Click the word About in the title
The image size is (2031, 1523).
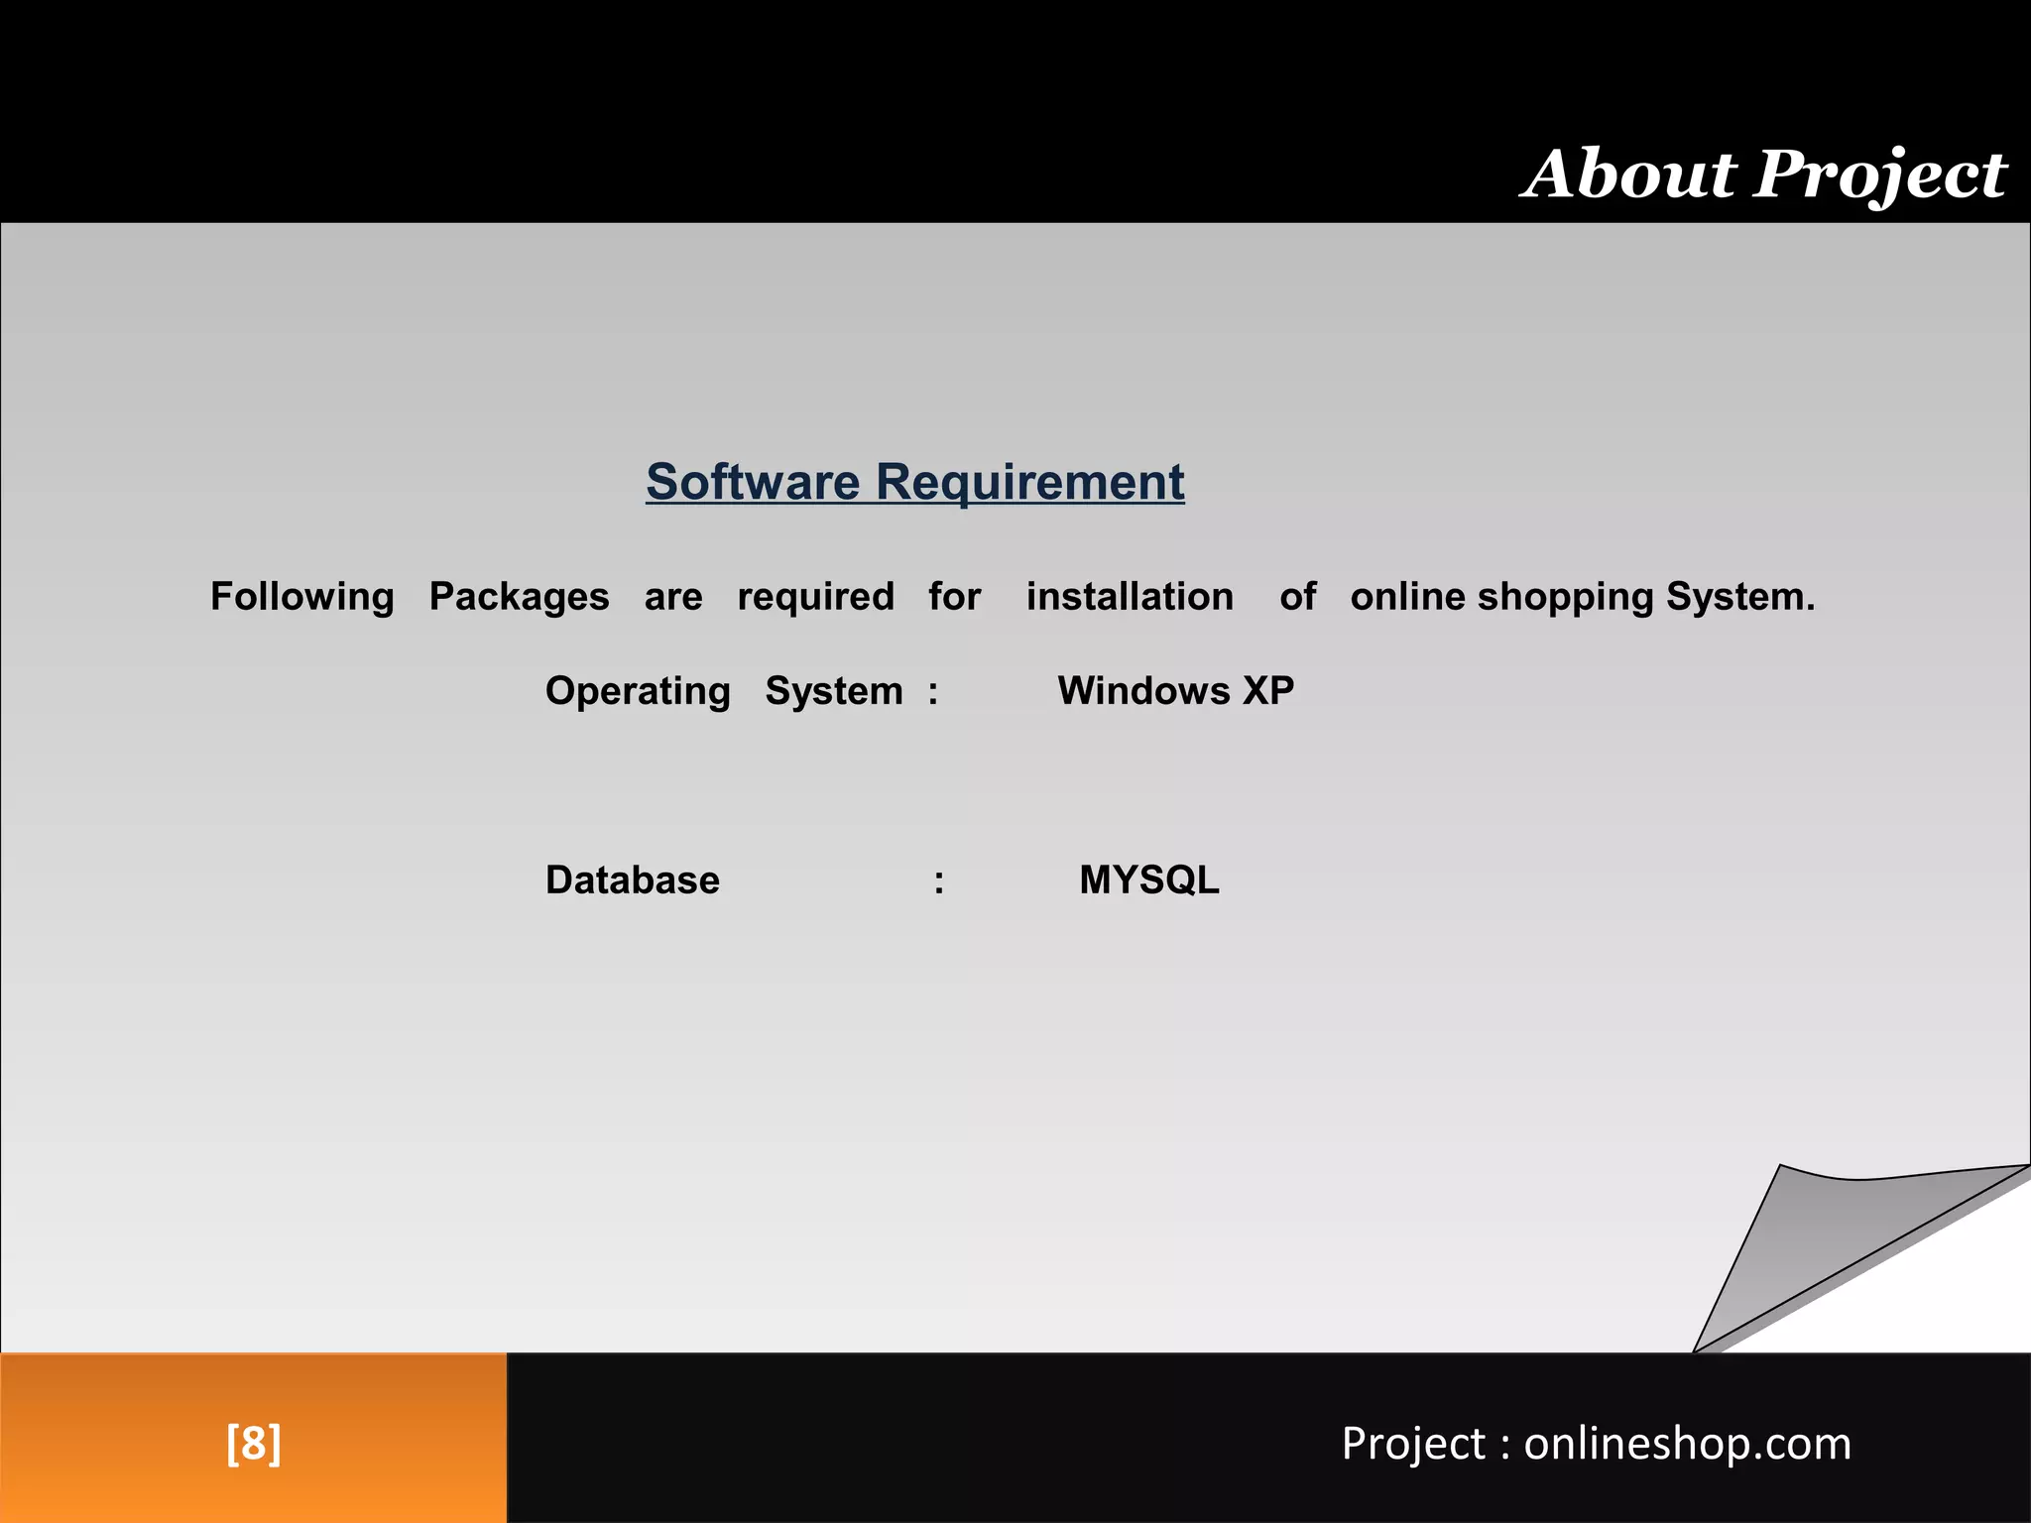1627,175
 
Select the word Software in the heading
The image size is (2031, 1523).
753,483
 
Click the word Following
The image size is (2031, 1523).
302,597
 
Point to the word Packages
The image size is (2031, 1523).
519,597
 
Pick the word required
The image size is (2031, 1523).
815,597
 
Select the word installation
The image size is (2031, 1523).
1130,597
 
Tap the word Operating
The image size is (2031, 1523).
638,691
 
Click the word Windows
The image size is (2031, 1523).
1143,691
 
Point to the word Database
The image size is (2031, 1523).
632,880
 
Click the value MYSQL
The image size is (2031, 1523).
1149,880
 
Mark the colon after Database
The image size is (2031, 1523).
938,881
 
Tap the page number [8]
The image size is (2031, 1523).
254,1443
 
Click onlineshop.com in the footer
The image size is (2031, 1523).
1687,1444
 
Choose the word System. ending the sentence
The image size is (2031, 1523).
1740,597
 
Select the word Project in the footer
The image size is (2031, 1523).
1413,1444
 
